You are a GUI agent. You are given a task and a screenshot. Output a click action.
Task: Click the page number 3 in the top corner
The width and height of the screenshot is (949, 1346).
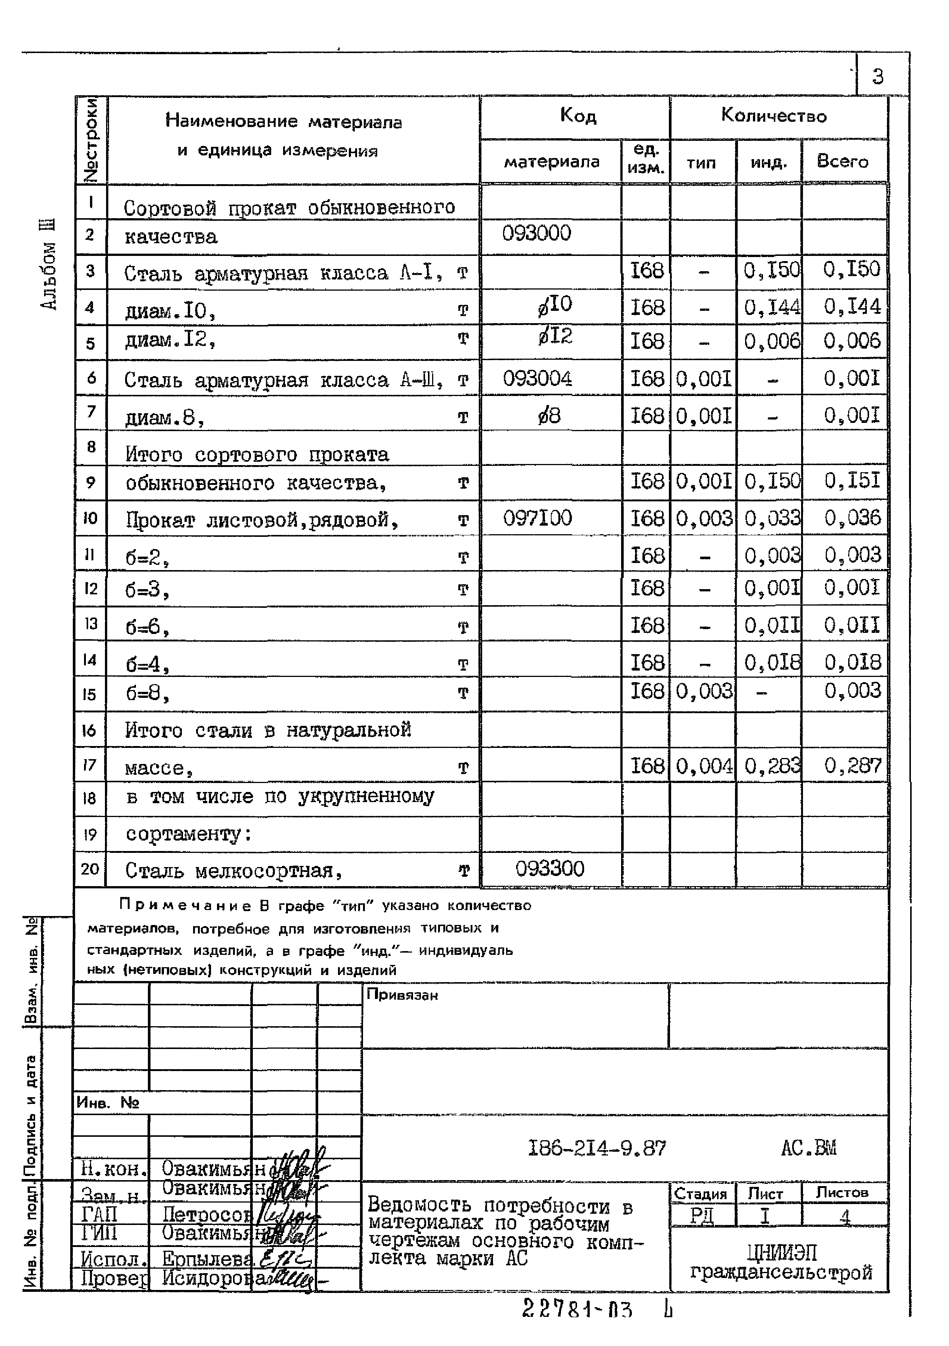(878, 77)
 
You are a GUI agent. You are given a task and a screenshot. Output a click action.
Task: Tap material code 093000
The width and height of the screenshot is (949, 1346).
(536, 233)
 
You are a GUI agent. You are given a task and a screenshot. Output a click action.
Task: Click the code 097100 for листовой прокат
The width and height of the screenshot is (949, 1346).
(537, 518)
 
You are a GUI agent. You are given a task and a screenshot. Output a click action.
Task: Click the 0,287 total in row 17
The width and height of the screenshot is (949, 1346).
(853, 765)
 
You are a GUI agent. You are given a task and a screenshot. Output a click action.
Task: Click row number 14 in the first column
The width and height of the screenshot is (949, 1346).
(90, 660)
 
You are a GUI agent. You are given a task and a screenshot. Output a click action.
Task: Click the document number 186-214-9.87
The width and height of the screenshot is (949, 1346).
(597, 1148)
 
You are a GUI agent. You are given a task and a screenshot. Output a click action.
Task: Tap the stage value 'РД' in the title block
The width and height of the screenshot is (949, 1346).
(702, 1216)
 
